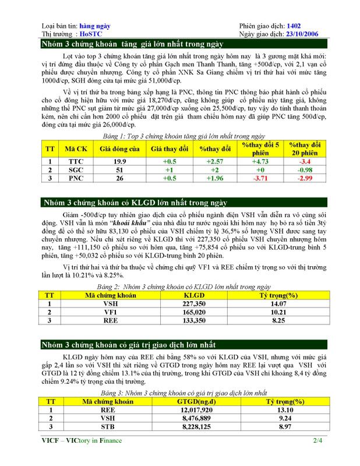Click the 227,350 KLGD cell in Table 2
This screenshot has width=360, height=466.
[193, 303]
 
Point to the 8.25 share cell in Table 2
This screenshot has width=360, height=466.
[281, 320]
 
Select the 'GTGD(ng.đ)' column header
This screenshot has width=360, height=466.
[195, 401]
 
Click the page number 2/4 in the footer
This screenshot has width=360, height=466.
[317, 441]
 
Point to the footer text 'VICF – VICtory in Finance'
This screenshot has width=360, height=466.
[82, 441]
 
